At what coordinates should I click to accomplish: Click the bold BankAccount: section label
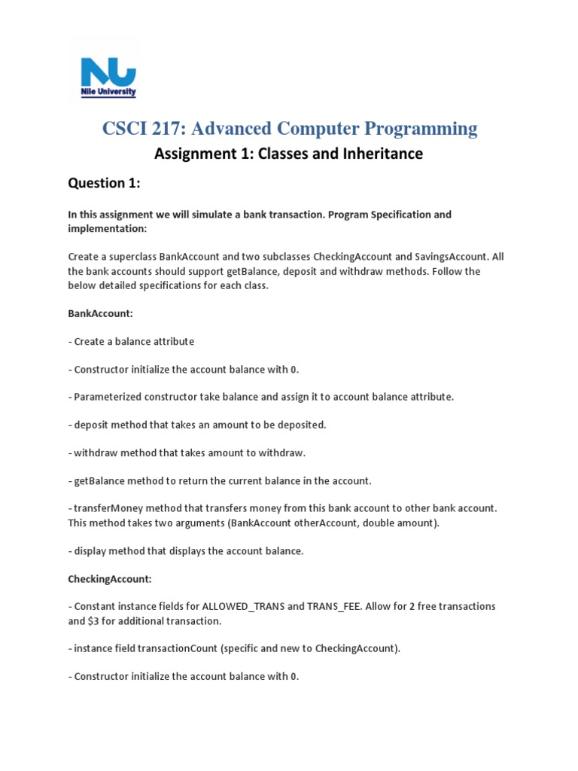pyautogui.click(x=100, y=313)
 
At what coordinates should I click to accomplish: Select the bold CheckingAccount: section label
pyautogui.click(x=110, y=578)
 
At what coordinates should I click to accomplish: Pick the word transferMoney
pyautogui.click(x=108, y=508)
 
